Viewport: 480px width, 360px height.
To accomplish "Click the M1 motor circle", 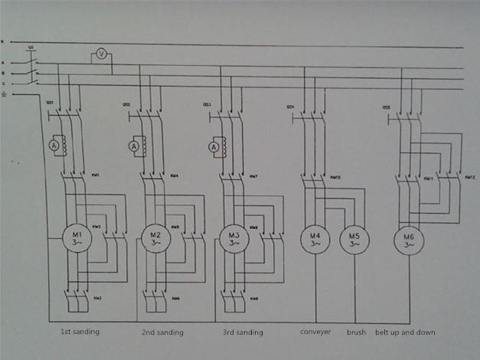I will (77, 238).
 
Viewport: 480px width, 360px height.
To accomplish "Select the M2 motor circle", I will (155, 238).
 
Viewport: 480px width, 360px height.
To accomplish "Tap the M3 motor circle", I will (235, 238).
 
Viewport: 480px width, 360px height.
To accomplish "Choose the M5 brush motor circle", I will (354, 240).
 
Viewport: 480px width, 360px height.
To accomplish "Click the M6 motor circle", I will (408, 241).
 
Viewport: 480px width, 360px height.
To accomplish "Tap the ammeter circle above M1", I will (54, 145).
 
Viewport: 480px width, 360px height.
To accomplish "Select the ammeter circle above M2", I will (133, 146).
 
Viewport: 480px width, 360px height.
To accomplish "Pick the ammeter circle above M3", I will (213, 145).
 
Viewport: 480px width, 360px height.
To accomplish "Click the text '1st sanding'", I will (80, 332).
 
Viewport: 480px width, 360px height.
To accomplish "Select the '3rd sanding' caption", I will (244, 333).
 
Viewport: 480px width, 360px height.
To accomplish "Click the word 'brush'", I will (357, 332).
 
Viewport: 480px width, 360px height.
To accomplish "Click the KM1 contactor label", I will (96, 175).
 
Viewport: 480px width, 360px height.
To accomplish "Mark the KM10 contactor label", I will (335, 177).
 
